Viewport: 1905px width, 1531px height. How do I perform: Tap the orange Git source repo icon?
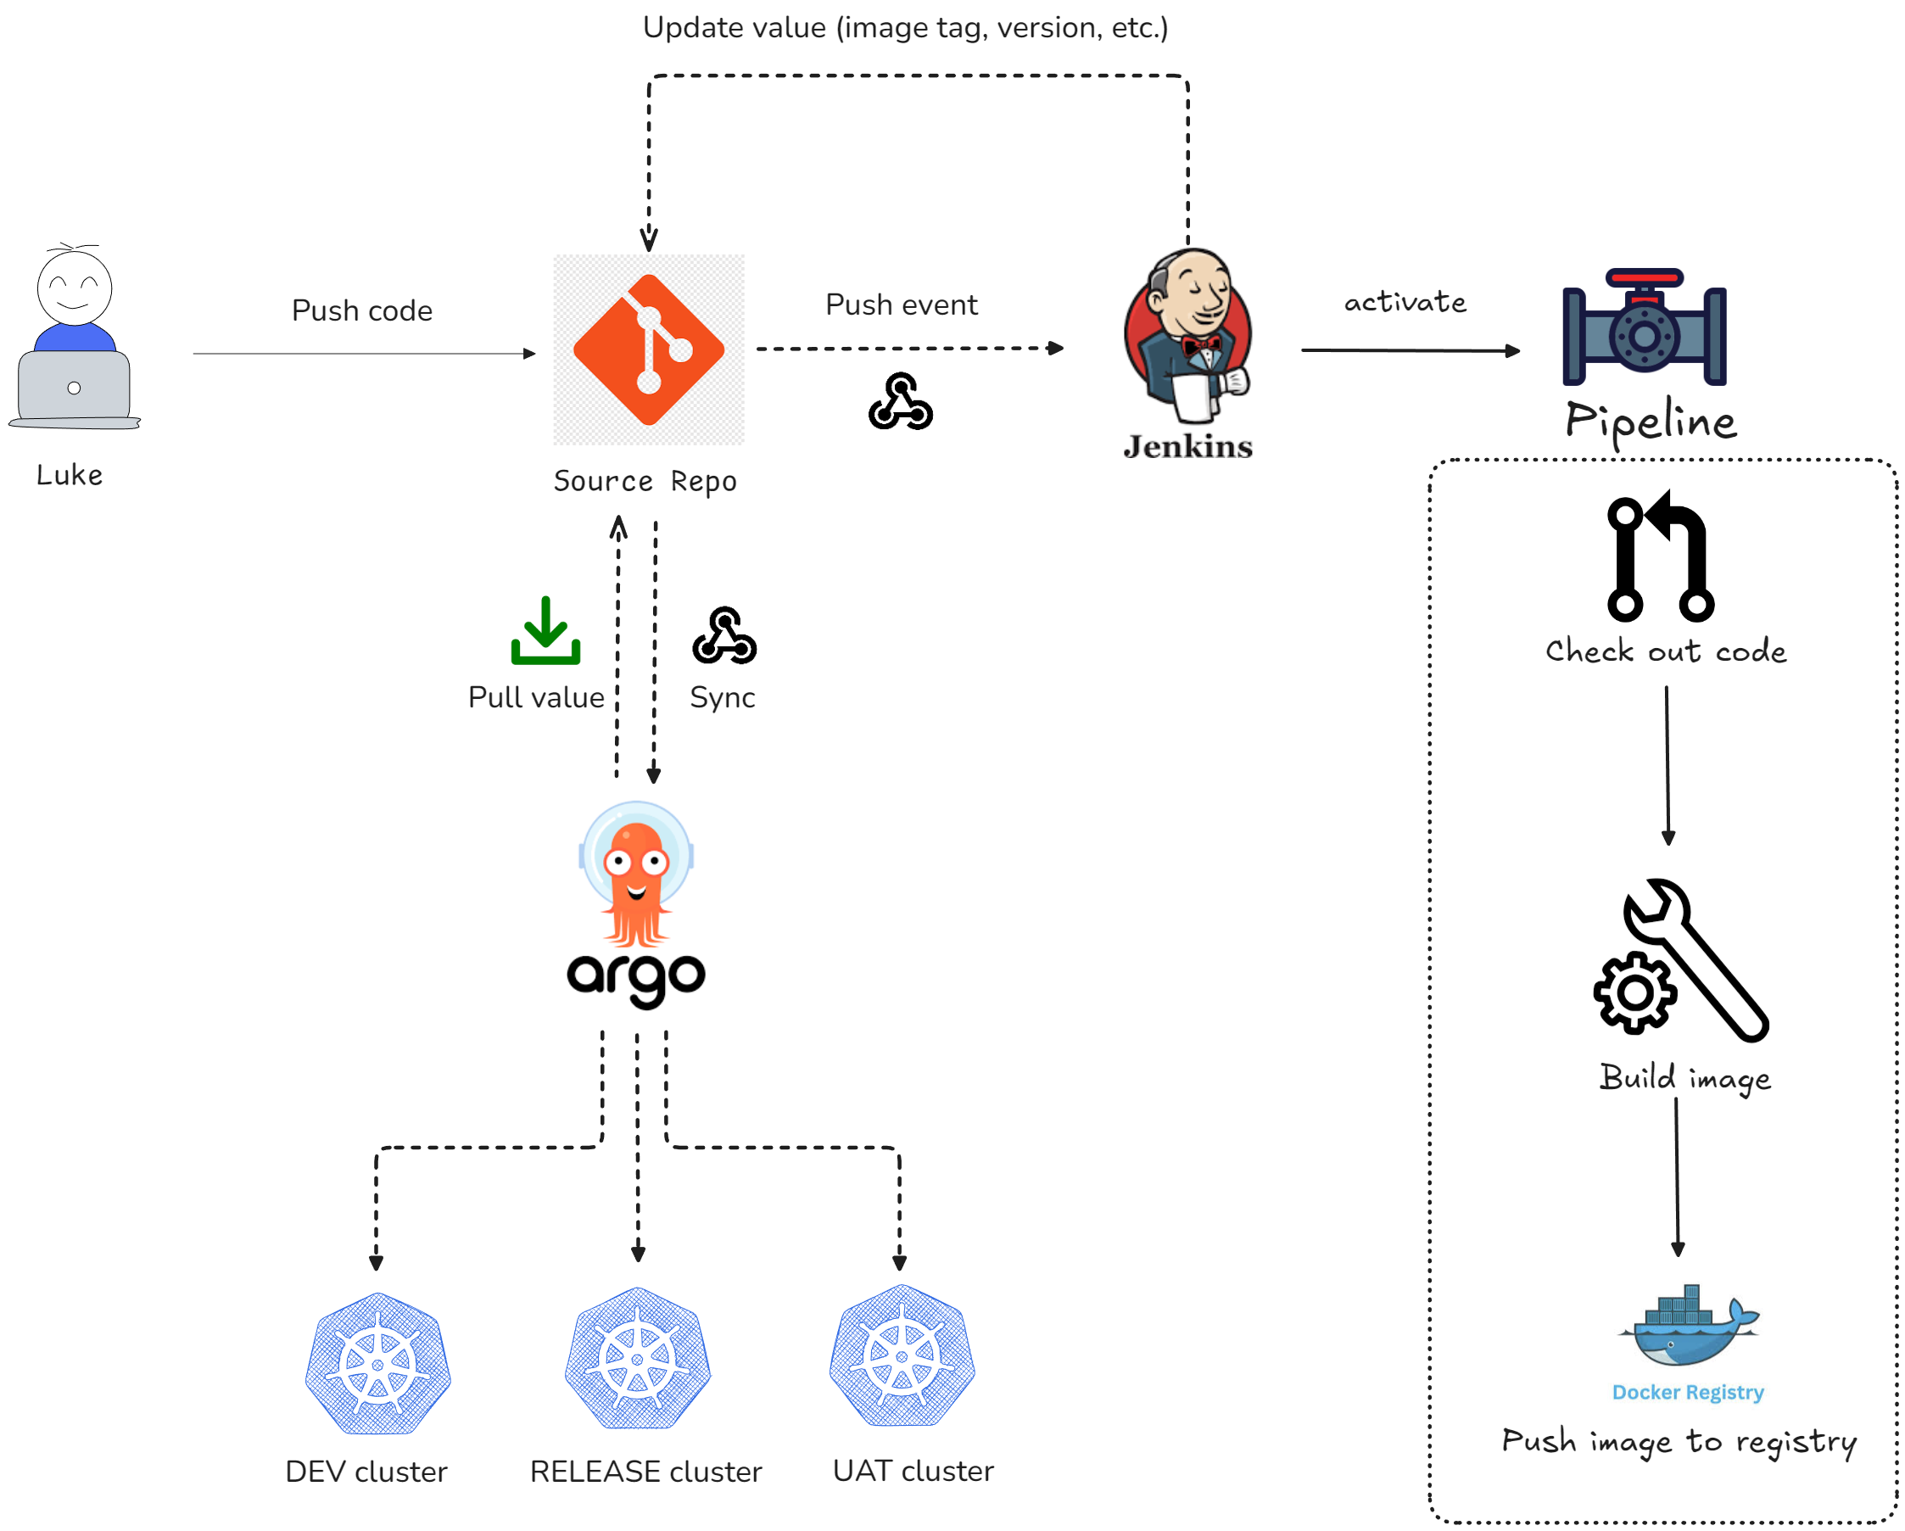(649, 349)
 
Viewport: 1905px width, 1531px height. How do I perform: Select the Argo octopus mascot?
(636, 874)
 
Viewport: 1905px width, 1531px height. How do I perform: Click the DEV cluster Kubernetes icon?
(378, 1363)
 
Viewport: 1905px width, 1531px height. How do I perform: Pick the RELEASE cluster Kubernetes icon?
(638, 1358)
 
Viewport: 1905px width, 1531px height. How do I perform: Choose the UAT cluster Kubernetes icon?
(902, 1355)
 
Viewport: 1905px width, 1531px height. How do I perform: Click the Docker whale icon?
(1688, 1325)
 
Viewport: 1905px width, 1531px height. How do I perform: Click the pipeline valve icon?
(1644, 327)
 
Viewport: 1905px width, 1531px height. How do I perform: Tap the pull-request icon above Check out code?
(1659, 556)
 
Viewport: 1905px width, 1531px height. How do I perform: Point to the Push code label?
(362, 311)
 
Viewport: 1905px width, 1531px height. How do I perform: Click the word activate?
(1405, 302)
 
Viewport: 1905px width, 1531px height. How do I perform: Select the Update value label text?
(905, 27)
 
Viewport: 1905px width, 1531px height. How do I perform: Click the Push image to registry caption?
(1679, 1441)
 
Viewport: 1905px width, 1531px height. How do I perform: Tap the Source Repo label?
(645, 482)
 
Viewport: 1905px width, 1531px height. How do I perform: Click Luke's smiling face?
(75, 288)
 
